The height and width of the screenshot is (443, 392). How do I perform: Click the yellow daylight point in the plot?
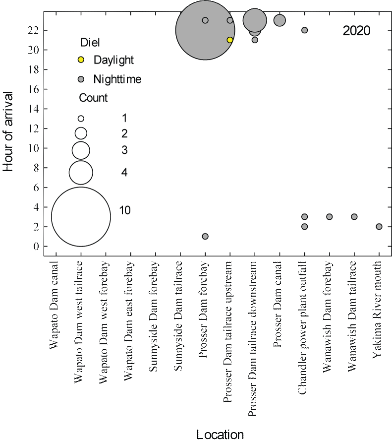(x=230, y=40)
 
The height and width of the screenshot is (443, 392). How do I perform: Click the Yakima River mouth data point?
(x=379, y=227)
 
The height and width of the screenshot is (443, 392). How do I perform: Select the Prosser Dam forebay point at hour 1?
(x=205, y=237)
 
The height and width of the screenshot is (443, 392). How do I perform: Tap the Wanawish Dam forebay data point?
(x=330, y=217)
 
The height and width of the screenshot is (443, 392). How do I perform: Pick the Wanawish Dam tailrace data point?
(x=354, y=217)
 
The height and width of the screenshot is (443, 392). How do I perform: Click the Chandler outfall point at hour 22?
(x=305, y=30)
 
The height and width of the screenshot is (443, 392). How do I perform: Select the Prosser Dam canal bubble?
(x=280, y=20)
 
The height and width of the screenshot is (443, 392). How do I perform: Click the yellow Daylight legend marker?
(x=81, y=60)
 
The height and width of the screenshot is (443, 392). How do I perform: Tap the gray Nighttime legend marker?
(x=81, y=79)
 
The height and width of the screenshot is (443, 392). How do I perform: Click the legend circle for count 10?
(x=81, y=217)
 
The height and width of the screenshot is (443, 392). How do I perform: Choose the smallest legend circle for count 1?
(x=81, y=119)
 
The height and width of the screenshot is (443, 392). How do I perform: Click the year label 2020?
(x=356, y=31)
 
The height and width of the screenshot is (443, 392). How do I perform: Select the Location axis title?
(x=220, y=435)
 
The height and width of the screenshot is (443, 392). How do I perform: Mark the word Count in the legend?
(x=94, y=98)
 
